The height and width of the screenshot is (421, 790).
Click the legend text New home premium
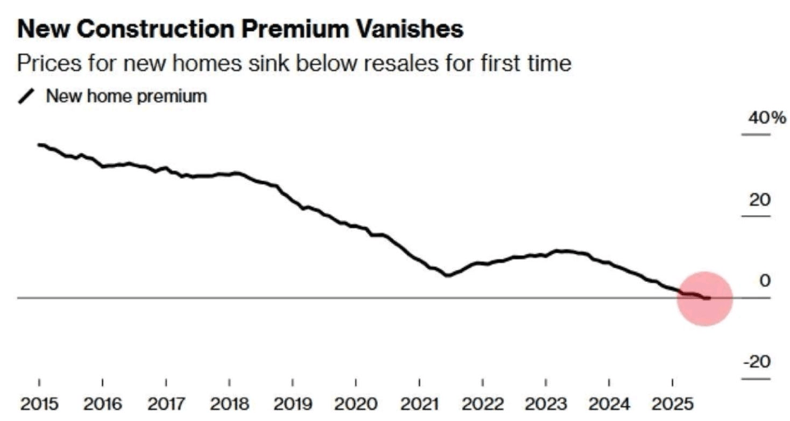(126, 96)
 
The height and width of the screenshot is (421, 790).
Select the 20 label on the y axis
(759, 199)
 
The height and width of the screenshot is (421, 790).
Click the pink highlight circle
(704, 298)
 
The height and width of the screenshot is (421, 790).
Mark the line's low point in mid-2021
(448, 275)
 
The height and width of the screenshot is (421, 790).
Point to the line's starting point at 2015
(39, 145)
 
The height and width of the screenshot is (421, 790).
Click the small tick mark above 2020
(356, 383)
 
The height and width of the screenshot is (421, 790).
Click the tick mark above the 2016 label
(102, 383)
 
